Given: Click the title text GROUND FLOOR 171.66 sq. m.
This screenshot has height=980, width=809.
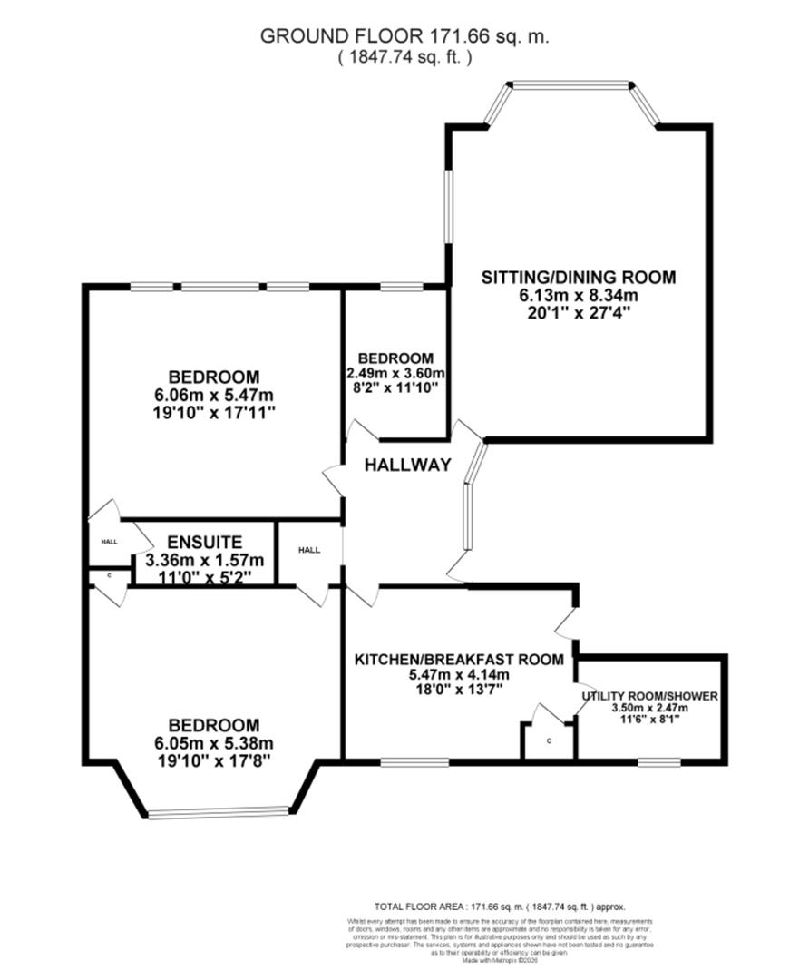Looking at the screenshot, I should pyautogui.click(x=404, y=36).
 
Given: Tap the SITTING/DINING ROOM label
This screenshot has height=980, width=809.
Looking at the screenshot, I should pyautogui.click(x=579, y=277).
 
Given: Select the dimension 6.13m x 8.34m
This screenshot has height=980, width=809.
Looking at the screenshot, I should pyautogui.click(x=579, y=295).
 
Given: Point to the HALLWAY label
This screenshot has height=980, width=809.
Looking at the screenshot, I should pyautogui.click(x=407, y=465).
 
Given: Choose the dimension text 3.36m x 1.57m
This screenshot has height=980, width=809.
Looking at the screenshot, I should pyautogui.click(x=203, y=560).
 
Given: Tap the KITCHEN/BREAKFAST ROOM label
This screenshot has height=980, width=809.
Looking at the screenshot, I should pyautogui.click(x=459, y=660).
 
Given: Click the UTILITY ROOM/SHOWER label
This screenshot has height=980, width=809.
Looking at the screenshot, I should pyautogui.click(x=650, y=697).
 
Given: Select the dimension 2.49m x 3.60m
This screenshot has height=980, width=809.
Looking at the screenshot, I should pyautogui.click(x=395, y=373).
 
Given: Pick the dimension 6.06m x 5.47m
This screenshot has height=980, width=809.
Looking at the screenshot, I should pyautogui.click(x=214, y=395).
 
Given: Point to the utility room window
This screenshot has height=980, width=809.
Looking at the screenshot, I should pyautogui.click(x=659, y=761).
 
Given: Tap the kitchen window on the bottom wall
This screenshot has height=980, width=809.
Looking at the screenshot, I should pyautogui.click(x=414, y=761).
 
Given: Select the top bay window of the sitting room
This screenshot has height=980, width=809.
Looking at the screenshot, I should pyautogui.click(x=569, y=86).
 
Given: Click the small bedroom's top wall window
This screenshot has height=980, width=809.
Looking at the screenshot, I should pyautogui.click(x=401, y=288).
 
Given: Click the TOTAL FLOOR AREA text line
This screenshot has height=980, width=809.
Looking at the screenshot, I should pyautogui.click(x=500, y=906).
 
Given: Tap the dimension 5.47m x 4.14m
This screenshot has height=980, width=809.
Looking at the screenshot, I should pyautogui.click(x=459, y=675).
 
